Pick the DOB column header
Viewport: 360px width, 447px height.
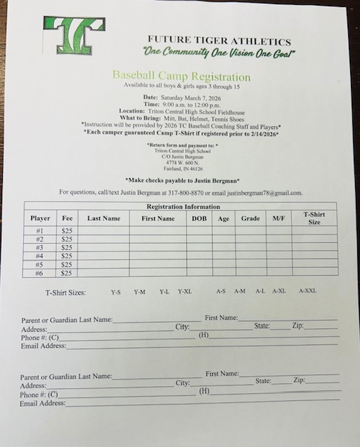[200, 219]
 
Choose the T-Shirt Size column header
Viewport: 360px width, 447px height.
[315, 218]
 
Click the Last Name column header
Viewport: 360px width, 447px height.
[103, 219]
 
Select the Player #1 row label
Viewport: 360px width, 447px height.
[40, 231]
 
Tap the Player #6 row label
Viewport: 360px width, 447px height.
[40, 274]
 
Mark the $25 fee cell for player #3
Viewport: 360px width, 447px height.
[66, 248]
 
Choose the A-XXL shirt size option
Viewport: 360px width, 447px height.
[308, 291]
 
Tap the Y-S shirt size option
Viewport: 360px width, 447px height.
[116, 291]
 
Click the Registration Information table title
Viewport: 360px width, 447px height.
[183, 207]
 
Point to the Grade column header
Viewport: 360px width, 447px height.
[250, 219]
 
